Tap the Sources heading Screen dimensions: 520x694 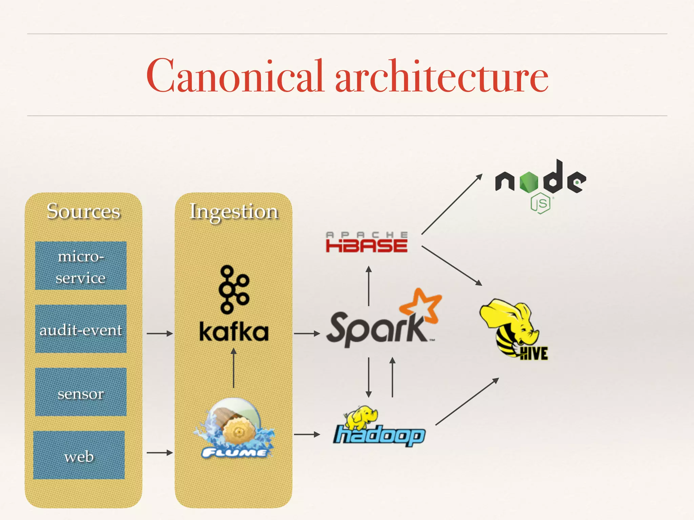click(x=83, y=211)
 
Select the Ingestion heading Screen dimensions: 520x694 click(x=234, y=212)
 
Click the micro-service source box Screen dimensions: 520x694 click(x=81, y=266)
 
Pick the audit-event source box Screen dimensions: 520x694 click(x=81, y=329)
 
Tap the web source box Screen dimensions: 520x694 click(x=79, y=455)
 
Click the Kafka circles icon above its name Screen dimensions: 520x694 click(x=233, y=290)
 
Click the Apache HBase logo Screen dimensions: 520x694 click(x=366, y=242)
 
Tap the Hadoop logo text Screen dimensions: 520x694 click(x=380, y=435)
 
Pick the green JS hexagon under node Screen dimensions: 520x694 click(x=540, y=203)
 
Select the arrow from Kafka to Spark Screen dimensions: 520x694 click(x=307, y=333)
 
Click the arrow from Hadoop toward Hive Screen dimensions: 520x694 click(x=467, y=402)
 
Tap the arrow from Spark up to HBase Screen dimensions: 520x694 click(x=369, y=286)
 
